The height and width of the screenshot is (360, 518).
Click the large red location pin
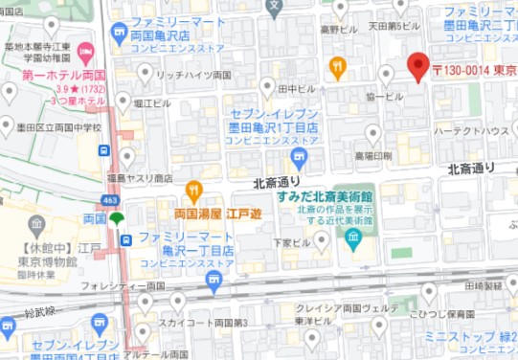tap(418, 66)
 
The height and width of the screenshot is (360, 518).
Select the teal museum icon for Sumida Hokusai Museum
tap(353, 236)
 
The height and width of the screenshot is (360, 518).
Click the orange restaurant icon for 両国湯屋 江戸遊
tap(194, 191)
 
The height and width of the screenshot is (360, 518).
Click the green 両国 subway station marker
tap(117, 218)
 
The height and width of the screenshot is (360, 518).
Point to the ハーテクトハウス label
tap(470, 130)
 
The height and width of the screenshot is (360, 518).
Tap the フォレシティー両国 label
tap(123, 285)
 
